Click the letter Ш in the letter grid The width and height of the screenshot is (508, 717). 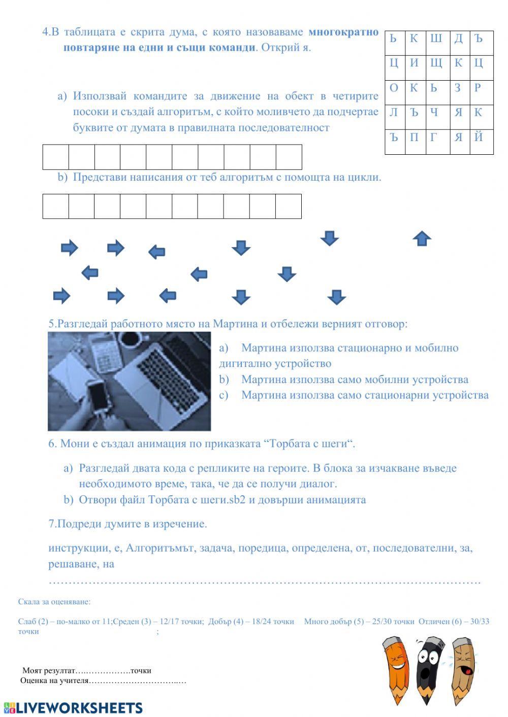click(436, 39)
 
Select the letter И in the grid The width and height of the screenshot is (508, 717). click(414, 63)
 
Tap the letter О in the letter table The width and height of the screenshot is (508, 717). click(394, 88)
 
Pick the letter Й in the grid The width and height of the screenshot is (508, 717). click(478, 137)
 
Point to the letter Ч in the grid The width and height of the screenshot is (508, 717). click(434, 112)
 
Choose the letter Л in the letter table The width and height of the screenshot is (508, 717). click(394, 112)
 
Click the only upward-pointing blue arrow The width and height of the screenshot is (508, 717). click(422, 238)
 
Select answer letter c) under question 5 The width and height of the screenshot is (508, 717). click(224, 395)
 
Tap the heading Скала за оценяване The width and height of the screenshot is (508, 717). click(54, 602)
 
